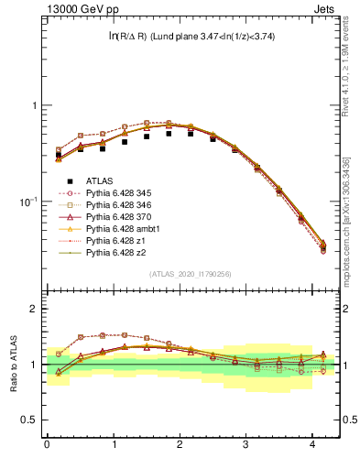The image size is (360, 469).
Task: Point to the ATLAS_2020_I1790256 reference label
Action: tap(191, 274)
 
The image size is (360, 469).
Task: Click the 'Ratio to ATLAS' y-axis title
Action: tap(12, 363)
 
